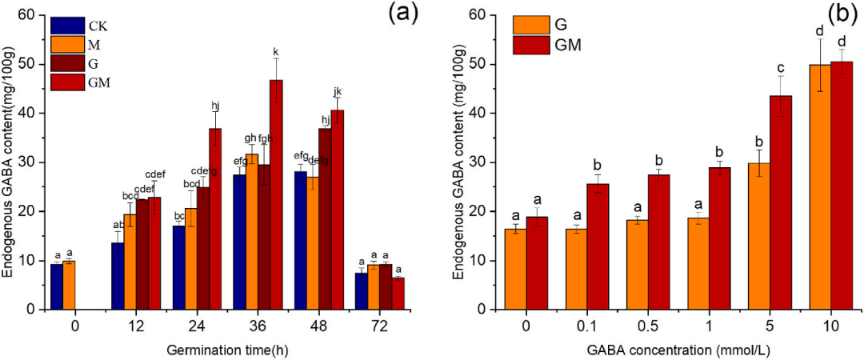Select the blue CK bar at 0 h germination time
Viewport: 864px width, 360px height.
click(x=56, y=286)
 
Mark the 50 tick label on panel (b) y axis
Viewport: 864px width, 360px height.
click(x=478, y=64)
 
